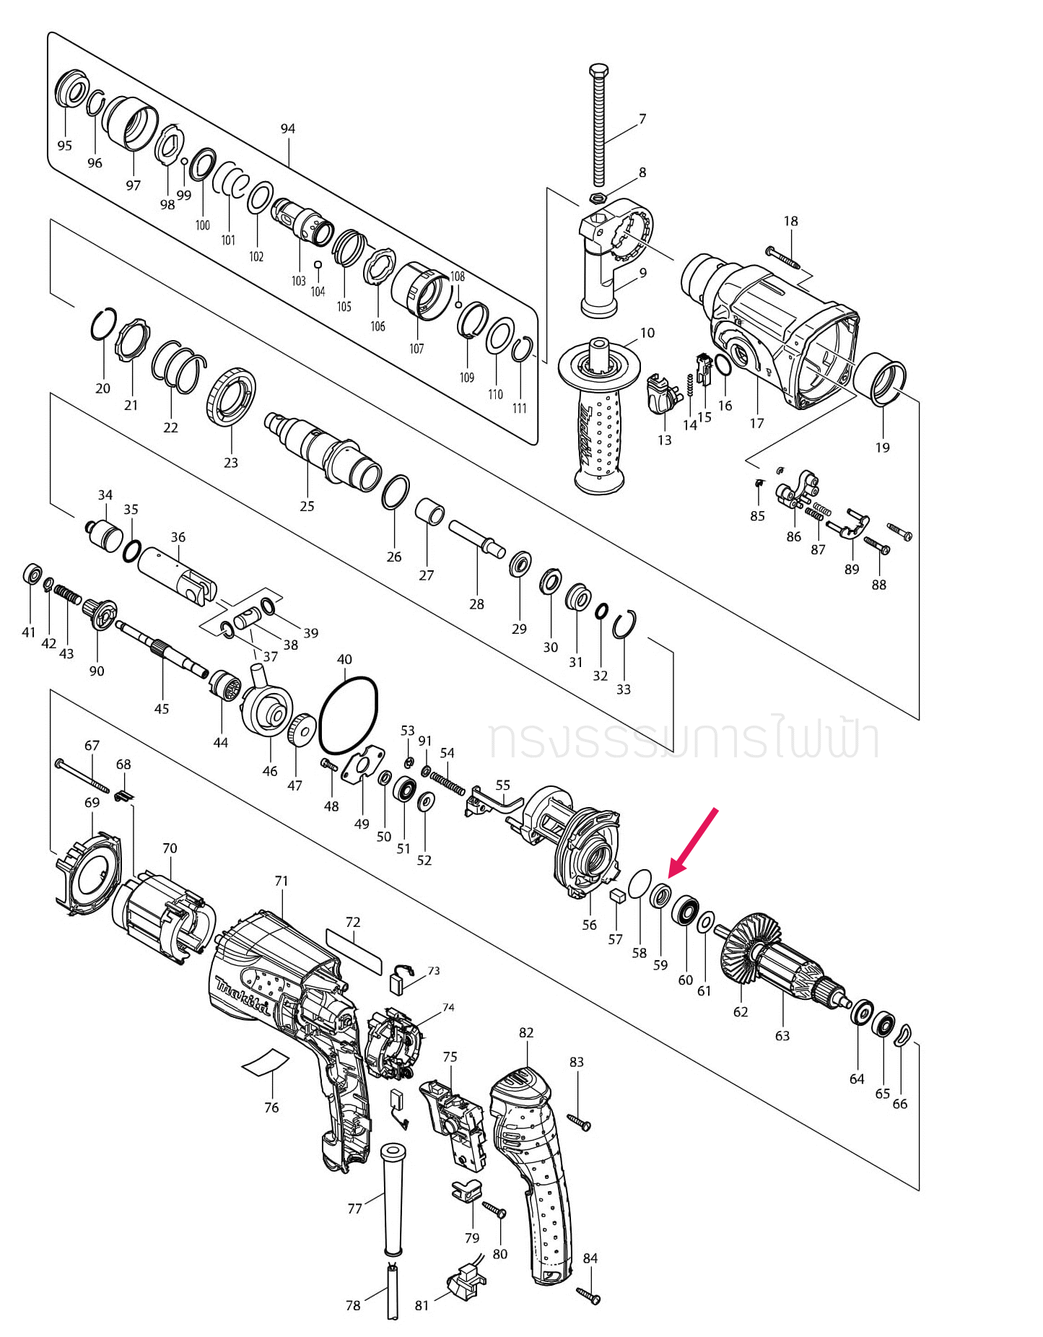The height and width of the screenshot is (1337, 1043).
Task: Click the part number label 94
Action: tap(288, 129)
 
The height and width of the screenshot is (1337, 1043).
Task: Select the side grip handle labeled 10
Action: tap(599, 419)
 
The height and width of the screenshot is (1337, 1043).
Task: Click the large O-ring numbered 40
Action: tap(349, 714)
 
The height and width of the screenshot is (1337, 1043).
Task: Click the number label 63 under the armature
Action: tap(782, 1035)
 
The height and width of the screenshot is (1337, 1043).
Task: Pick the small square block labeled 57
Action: tap(616, 897)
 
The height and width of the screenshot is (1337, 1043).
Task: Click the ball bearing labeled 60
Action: tap(685, 911)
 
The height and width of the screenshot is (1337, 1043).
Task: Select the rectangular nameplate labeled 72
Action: tap(354, 952)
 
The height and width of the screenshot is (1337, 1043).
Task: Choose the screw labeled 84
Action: tap(588, 1295)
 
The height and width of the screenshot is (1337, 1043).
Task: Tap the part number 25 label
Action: tap(307, 506)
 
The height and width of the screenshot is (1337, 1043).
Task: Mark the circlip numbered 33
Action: tap(625, 625)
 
